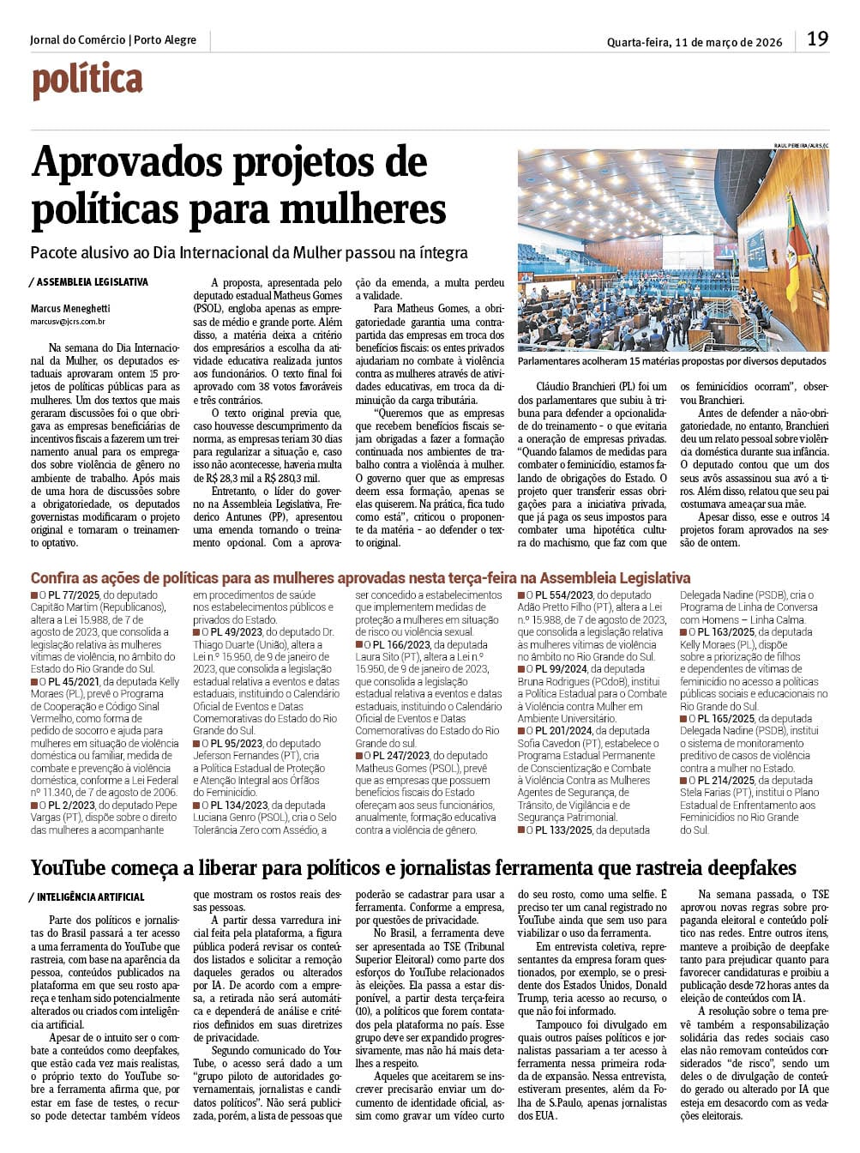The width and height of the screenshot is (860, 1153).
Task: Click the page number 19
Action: click(x=817, y=39)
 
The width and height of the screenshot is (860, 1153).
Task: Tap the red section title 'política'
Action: click(x=87, y=81)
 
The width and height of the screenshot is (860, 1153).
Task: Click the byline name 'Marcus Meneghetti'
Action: click(x=70, y=308)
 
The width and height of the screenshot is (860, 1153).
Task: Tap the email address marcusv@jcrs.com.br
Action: click(x=68, y=322)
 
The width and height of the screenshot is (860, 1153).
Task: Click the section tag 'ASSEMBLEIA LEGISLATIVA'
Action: click(x=92, y=282)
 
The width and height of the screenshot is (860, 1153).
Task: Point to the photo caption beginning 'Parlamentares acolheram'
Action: click(x=671, y=362)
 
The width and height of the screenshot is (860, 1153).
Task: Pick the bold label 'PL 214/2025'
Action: click(x=725, y=781)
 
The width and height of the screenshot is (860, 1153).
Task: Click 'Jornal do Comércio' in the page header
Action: click(x=77, y=40)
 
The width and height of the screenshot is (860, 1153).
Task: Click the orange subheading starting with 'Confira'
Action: click(x=360, y=578)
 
